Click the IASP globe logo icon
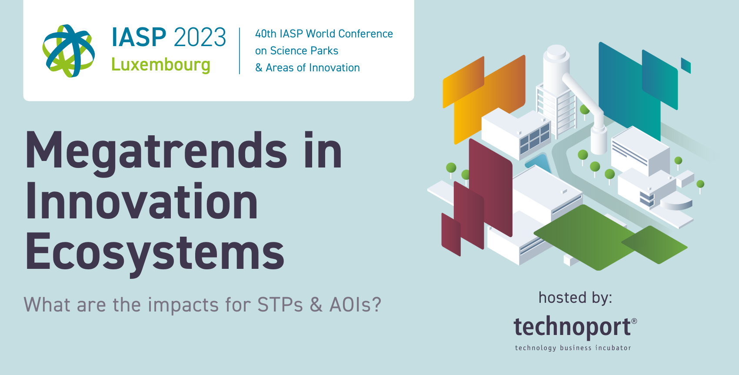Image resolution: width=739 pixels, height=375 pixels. coord(69,51)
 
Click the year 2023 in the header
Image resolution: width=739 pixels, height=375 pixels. coord(200,37)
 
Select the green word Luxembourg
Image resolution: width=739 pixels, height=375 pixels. coord(161,65)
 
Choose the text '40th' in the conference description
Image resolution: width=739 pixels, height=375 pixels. coord(266,33)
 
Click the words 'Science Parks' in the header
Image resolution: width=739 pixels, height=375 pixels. coord(304,50)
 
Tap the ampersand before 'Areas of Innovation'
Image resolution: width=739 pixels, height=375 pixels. coord(259,68)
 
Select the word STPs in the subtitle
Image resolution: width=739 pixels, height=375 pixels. coord(280,305)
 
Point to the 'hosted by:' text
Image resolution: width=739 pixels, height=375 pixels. coord(576,298)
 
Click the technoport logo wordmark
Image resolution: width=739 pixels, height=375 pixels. coord(573,327)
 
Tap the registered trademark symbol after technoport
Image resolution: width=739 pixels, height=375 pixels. coord(634,321)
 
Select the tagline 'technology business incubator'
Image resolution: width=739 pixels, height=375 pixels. coord(573,348)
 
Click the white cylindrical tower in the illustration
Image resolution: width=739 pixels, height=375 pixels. coord(557,69)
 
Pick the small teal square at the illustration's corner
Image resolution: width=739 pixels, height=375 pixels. coord(686,65)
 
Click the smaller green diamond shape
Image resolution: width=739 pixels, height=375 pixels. coord(655,244)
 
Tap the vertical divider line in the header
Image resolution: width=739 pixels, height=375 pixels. coord(240,51)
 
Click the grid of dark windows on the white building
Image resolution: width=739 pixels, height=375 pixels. coord(535,138)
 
